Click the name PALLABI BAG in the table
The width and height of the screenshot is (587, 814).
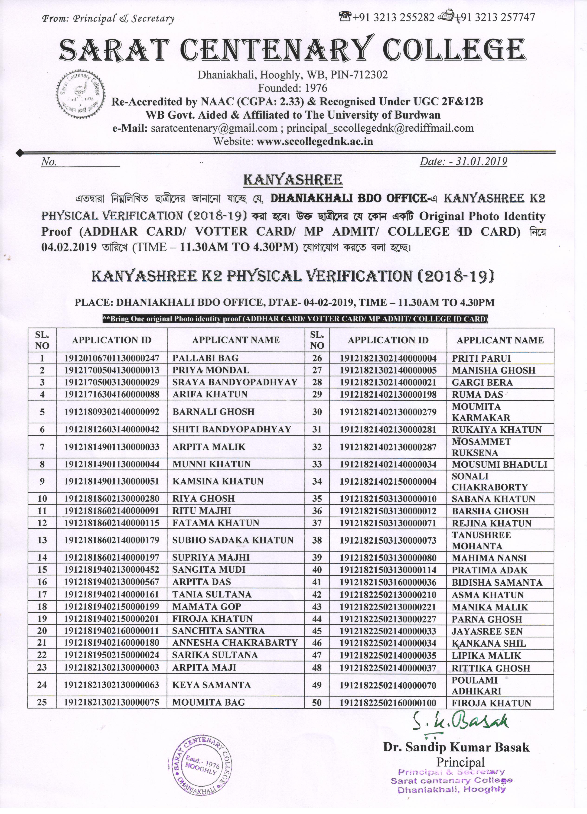(205, 358)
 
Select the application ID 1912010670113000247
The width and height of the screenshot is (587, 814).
(112, 358)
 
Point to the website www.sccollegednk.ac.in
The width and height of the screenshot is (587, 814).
(315, 141)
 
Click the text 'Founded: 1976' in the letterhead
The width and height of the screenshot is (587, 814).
(293, 88)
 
